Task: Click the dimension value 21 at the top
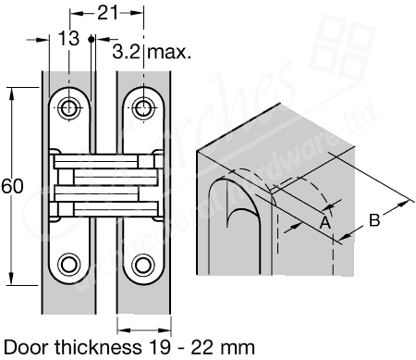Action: point(108,12)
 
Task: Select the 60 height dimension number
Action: point(12,185)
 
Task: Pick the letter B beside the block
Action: point(374,219)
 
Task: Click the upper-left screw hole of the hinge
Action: point(70,108)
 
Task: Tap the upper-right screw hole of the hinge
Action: point(143,108)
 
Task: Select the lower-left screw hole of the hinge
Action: point(70,265)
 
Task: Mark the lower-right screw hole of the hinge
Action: point(143,265)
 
